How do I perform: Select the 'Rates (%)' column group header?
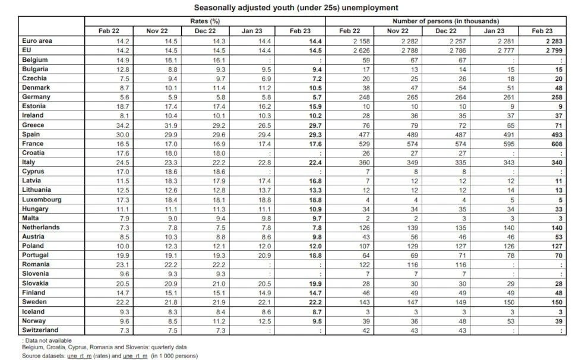205,21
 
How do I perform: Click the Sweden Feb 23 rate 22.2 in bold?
312,302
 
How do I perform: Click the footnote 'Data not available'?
46,340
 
